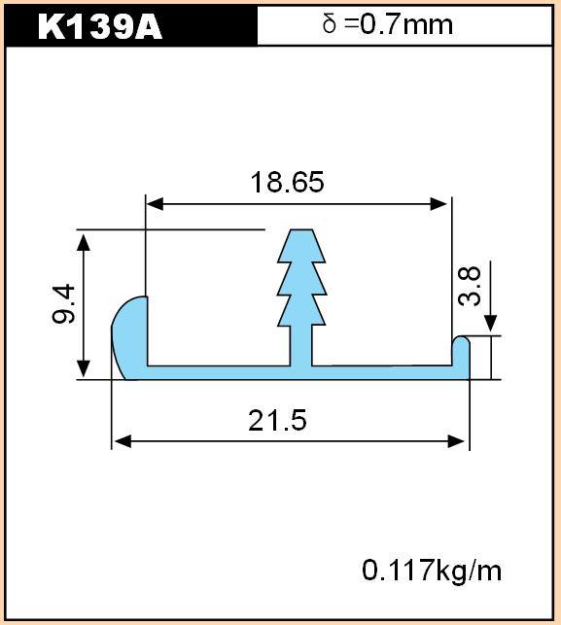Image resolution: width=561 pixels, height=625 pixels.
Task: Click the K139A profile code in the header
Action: pos(100,27)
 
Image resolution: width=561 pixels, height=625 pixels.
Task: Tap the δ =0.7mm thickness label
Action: pos(388,24)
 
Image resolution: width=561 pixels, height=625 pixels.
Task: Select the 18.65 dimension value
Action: pos(287,182)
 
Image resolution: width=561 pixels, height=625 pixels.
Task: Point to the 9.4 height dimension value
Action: pos(63,303)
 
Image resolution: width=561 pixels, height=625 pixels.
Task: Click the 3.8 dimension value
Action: pos(470,286)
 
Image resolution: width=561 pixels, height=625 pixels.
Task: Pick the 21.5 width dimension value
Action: pos(277,420)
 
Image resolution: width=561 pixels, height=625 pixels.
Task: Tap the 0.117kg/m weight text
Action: pos(432,570)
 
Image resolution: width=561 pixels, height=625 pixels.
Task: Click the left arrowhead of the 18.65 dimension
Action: pos(155,204)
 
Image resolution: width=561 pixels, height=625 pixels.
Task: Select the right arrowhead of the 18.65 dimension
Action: pos(438,204)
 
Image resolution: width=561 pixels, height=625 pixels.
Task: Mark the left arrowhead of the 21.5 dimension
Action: pos(123,441)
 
